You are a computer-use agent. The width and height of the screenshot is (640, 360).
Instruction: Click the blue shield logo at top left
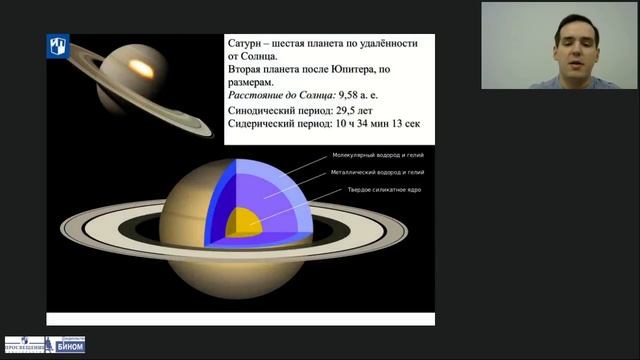coord(57,46)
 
